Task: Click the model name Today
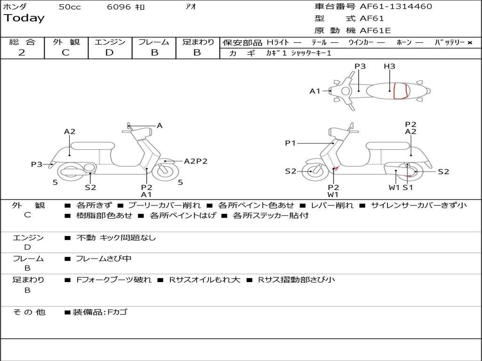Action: point(24,18)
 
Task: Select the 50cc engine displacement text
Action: point(70,7)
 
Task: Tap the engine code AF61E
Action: point(375,31)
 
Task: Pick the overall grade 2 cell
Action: point(22,53)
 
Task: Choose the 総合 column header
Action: point(22,42)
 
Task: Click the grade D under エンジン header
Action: point(109,53)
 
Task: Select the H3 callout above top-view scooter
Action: point(389,66)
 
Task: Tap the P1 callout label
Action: point(290,143)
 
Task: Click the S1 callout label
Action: point(408,188)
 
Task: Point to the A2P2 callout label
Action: point(195,161)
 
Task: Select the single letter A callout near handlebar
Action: point(160,126)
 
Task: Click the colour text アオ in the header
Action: point(191,7)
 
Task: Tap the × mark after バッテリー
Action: point(469,43)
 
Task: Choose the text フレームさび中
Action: point(104,259)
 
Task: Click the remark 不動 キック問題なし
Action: point(116,238)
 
